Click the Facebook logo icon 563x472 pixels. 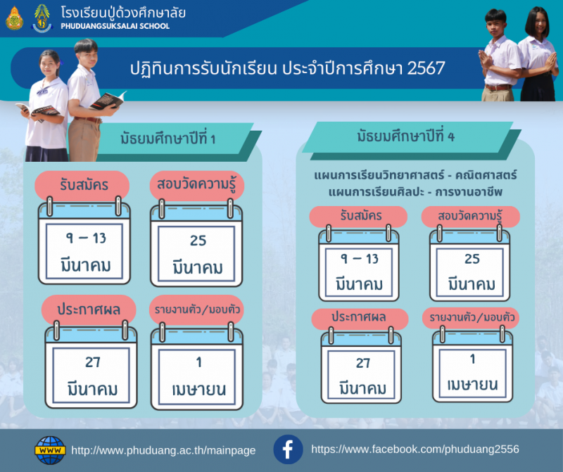[x=288, y=449]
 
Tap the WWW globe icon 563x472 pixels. [x=50, y=450]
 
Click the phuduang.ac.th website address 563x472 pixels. [x=163, y=450]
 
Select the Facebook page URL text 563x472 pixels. [x=415, y=449]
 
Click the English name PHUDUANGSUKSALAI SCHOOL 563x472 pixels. [x=115, y=26]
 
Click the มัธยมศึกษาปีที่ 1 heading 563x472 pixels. [x=167, y=139]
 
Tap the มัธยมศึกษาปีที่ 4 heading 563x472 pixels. [x=406, y=136]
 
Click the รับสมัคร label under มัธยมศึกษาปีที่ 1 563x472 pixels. [x=84, y=185]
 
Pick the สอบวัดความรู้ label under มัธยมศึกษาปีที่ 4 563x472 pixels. [x=470, y=216]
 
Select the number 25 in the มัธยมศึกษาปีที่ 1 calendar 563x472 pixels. [x=198, y=241]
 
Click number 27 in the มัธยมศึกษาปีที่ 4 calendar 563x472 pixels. [x=363, y=363]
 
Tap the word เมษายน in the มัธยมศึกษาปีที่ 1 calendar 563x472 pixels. [x=199, y=390]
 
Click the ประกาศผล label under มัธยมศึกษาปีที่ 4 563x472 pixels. [x=359, y=317]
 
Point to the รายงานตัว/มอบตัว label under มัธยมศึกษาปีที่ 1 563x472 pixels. [x=197, y=310]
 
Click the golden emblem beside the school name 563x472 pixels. [x=14, y=18]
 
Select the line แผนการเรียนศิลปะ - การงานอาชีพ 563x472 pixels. [x=415, y=192]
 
